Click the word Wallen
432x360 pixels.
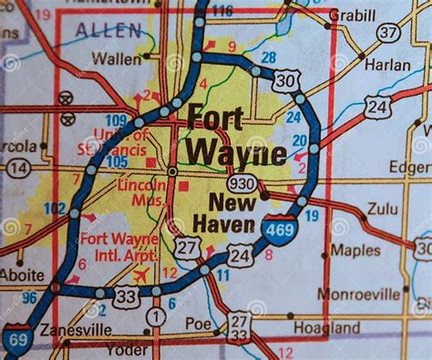pyautogui.click(x=123, y=59)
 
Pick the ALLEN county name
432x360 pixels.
pyautogui.click(x=108, y=30)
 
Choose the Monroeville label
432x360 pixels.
pyautogui.click(x=358, y=293)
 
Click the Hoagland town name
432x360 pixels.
pyautogui.click(x=321, y=327)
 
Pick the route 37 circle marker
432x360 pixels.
pyautogui.click(x=389, y=32)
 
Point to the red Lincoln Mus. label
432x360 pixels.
pyautogui.click(x=141, y=190)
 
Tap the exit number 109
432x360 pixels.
pyautogui.click(x=116, y=119)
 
